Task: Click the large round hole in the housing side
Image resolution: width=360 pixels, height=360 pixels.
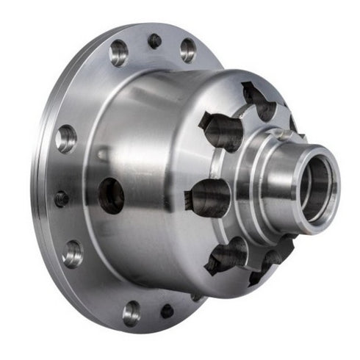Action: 111,195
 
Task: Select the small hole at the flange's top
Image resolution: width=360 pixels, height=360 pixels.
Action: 154,41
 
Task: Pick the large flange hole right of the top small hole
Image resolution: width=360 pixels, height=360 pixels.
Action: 188,49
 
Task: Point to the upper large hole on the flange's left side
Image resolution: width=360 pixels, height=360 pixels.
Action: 66,138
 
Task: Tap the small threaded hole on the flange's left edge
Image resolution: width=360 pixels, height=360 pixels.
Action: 61,198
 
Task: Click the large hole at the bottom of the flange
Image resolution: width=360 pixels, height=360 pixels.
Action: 132,312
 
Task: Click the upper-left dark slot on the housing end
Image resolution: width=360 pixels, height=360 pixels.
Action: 220,131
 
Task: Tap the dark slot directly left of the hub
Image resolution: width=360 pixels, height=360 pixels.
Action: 208,197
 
